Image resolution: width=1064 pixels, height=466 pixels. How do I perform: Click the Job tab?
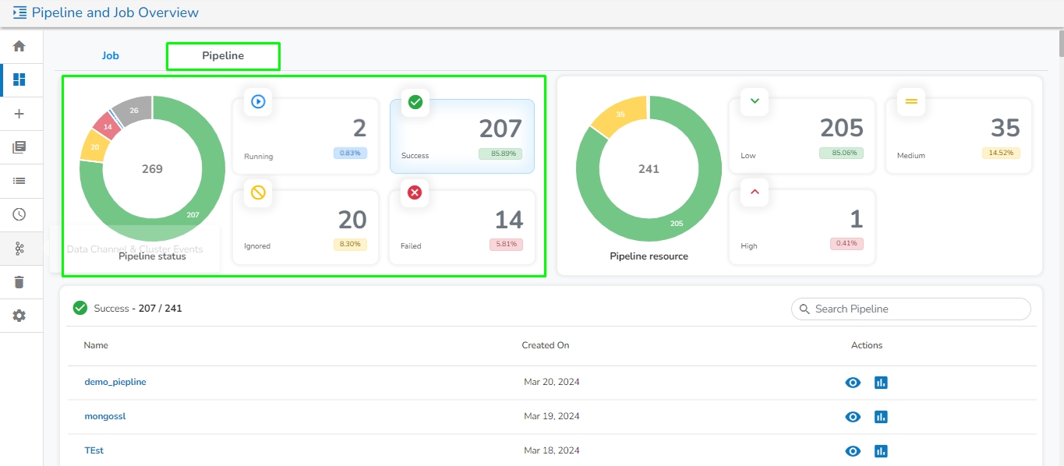point(111,56)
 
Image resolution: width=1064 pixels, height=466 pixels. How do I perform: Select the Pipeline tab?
point(223,56)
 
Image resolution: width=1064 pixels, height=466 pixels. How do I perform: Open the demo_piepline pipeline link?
point(115,382)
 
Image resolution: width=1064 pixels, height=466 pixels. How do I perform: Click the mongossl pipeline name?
point(105,416)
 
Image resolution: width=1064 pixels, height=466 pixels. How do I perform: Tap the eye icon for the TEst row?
point(854,450)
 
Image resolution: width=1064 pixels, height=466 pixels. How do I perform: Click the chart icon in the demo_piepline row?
point(881,383)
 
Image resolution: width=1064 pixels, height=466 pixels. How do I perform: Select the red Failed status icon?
point(415,192)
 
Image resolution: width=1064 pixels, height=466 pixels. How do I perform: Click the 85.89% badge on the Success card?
point(500,154)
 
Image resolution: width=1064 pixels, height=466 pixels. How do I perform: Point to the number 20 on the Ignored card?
point(352,220)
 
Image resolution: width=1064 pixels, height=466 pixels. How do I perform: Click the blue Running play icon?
point(258,101)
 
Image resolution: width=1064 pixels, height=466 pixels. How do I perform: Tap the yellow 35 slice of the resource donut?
point(620,116)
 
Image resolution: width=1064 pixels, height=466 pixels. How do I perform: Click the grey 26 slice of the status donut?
point(133,110)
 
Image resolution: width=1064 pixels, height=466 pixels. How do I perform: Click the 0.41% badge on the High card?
point(847,244)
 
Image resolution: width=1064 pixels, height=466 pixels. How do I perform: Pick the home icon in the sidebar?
point(19,46)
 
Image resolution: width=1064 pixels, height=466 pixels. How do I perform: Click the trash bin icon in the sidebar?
point(19,282)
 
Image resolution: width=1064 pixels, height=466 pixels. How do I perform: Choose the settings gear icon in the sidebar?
point(19,316)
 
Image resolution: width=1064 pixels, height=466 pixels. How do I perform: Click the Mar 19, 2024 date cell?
point(551,416)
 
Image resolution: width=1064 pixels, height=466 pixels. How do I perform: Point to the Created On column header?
point(546,345)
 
